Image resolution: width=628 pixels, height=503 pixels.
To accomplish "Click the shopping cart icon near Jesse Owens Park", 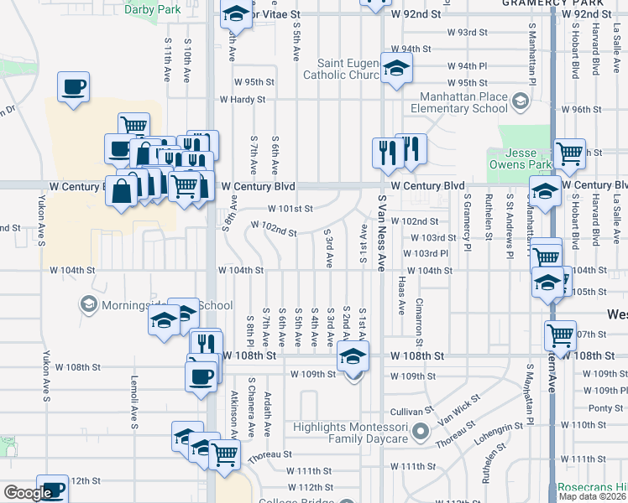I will [569, 153].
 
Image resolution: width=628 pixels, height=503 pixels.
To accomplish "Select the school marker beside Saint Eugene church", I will [396, 68].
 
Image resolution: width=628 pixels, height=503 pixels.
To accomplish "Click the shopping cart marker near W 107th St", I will [560, 335].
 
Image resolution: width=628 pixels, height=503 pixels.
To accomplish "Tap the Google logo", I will [28, 493].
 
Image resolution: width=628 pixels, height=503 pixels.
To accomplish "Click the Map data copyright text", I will [593, 496].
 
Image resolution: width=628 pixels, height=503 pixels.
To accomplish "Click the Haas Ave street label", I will [402, 293].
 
